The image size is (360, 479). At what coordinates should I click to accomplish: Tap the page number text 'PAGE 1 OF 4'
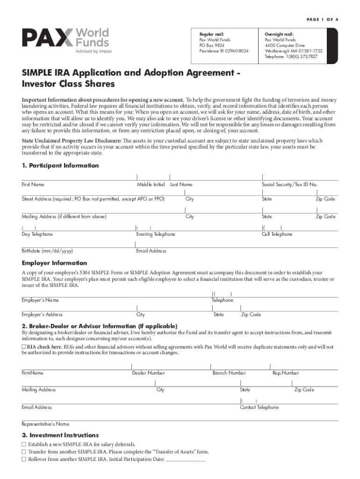pyautogui.click(x=317, y=19)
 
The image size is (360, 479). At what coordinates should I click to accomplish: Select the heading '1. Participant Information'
pyautogui.click(x=60, y=166)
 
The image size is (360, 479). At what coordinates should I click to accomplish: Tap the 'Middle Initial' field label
pyautogui.click(x=151, y=185)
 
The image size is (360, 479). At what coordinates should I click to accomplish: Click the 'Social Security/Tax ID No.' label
pyautogui.click(x=289, y=185)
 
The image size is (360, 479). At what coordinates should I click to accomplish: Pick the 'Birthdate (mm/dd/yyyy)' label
pyautogui.click(x=47, y=251)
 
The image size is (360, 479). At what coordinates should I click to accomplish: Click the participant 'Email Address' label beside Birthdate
pyautogui.click(x=151, y=251)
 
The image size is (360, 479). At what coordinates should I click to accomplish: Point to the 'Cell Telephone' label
pyautogui.click(x=277, y=234)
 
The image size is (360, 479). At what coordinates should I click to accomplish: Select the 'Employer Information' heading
pyautogui.click(x=54, y=263)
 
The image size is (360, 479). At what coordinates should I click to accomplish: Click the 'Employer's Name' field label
pyautogui.click(x=40, y=300)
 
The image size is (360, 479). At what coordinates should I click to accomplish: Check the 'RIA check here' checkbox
pyautogui.click(x=24, y=347)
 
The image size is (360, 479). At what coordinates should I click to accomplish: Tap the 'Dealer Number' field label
pyautogui.click(x=148, y=373)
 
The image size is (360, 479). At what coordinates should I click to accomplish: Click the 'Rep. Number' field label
pyautogui.click(x=285, y=373)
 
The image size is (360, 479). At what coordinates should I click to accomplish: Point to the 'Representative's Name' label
pyautogui.click(x=45, y=424)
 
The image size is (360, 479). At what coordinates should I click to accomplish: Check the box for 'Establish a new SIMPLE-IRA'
pyautogui.click(x=24, y=444)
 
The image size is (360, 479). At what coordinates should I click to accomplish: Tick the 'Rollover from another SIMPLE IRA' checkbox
pyautogui.click(x=24, y=459)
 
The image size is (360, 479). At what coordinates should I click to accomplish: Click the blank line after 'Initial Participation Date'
pyautogui.click(x=186, y=460)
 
